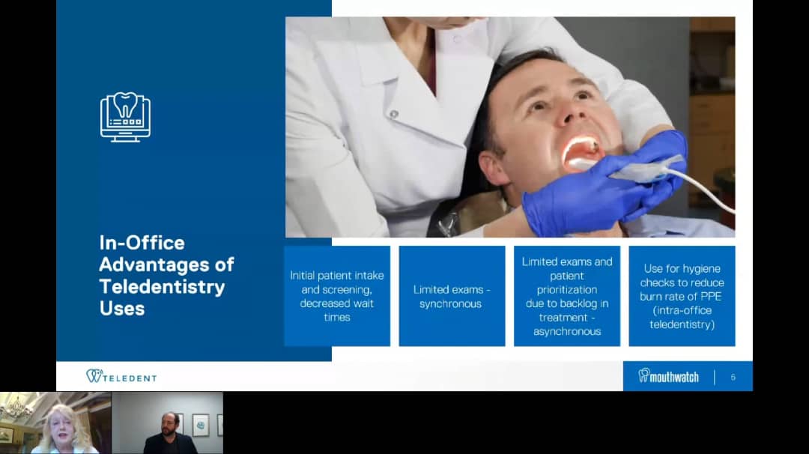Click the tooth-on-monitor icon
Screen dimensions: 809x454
pyautogui.click(x=125, y=117)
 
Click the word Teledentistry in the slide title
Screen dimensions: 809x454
pyautogui.click(x=162, y=286)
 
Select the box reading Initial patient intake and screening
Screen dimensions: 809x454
pyautogui.click(x=337, y=296)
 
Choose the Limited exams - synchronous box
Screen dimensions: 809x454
pyautogui.click(x=452, y=296)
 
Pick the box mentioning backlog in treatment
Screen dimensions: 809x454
pyautogui.click(x=567, y=296)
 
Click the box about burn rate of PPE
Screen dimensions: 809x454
pyautogui.click(x=682, y=296)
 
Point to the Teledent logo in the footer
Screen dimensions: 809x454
pyautogui.click(x=121, y=376)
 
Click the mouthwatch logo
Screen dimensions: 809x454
pyautogui.click(x=669, y=376)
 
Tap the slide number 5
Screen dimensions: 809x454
pyautogui.click(x=733, y=377)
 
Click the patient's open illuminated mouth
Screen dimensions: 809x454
pyautogui.click(x=581, y=153)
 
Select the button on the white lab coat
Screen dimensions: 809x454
pyautogui.click(x=394, y=114)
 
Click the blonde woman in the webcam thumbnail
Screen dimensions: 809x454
pyautogui.click(x=64, y=429)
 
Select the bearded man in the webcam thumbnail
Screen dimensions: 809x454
pyautogui.click(x=170, y=435)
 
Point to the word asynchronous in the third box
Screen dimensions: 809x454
pyautogui.click(x=567, y=331)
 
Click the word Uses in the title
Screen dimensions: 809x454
pyautogui.click(x=122, y=309)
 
